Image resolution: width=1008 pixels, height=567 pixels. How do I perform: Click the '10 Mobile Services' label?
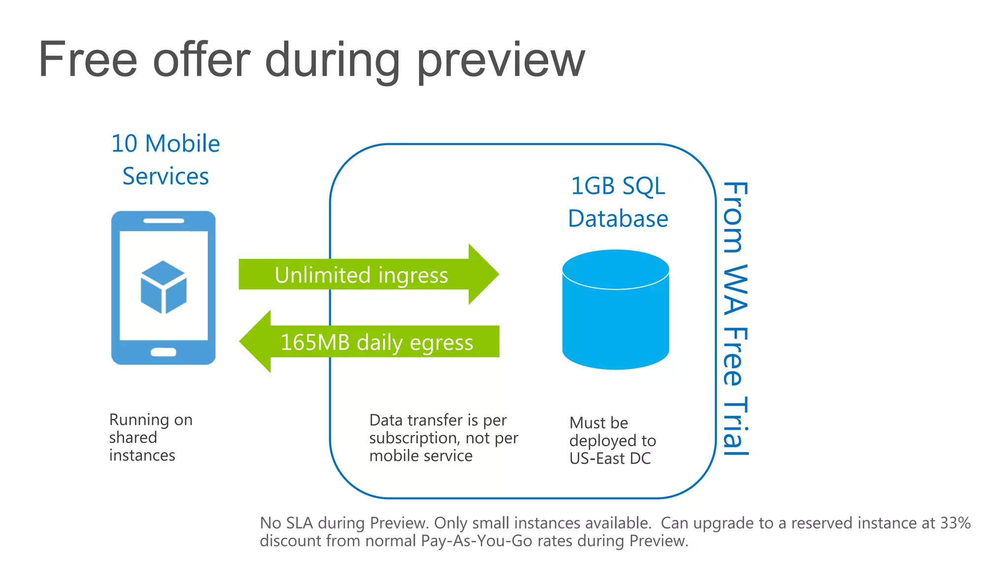(x=165, y=159)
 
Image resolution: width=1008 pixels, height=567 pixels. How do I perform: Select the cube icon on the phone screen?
(x=163, y=287)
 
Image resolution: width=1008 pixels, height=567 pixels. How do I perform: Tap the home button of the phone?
(x=163, y=352)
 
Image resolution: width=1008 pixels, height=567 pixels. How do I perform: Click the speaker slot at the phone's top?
(x=163, y=221)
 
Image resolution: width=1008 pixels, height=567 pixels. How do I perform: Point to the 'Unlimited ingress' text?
(x=361, y=275)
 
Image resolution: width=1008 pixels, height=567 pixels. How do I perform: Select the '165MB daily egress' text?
(x=377, y=342)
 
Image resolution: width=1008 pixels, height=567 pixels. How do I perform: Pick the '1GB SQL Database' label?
(x=618, y=202)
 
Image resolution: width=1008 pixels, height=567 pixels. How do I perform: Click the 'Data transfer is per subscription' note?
(x=443, y=438)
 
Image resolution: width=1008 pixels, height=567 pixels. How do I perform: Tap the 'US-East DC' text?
(x=610, y=459)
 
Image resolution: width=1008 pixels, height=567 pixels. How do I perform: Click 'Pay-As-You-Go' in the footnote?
(x=476, y=541)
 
